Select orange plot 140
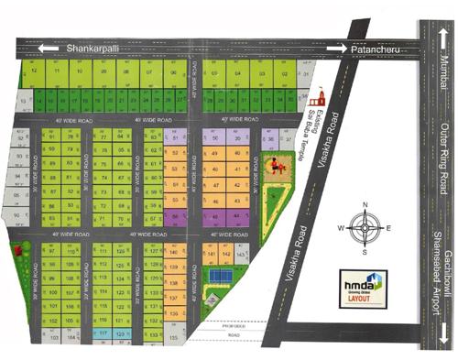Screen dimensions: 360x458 pyautogui.click(x=173, y=252)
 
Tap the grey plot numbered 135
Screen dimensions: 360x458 pyautogui.click(x=173, y=337)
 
